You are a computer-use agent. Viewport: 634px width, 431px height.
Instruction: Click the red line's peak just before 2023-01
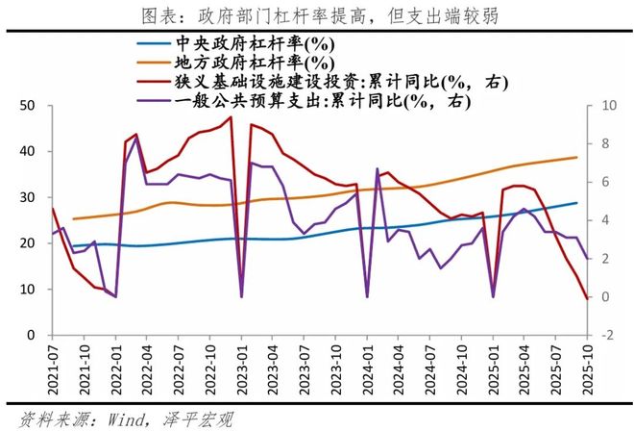click(x=231, y=117)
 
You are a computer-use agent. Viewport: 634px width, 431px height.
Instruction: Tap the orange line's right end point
click(x=577, y=157)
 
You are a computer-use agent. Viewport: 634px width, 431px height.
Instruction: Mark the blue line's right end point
click(x=577, y=203)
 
